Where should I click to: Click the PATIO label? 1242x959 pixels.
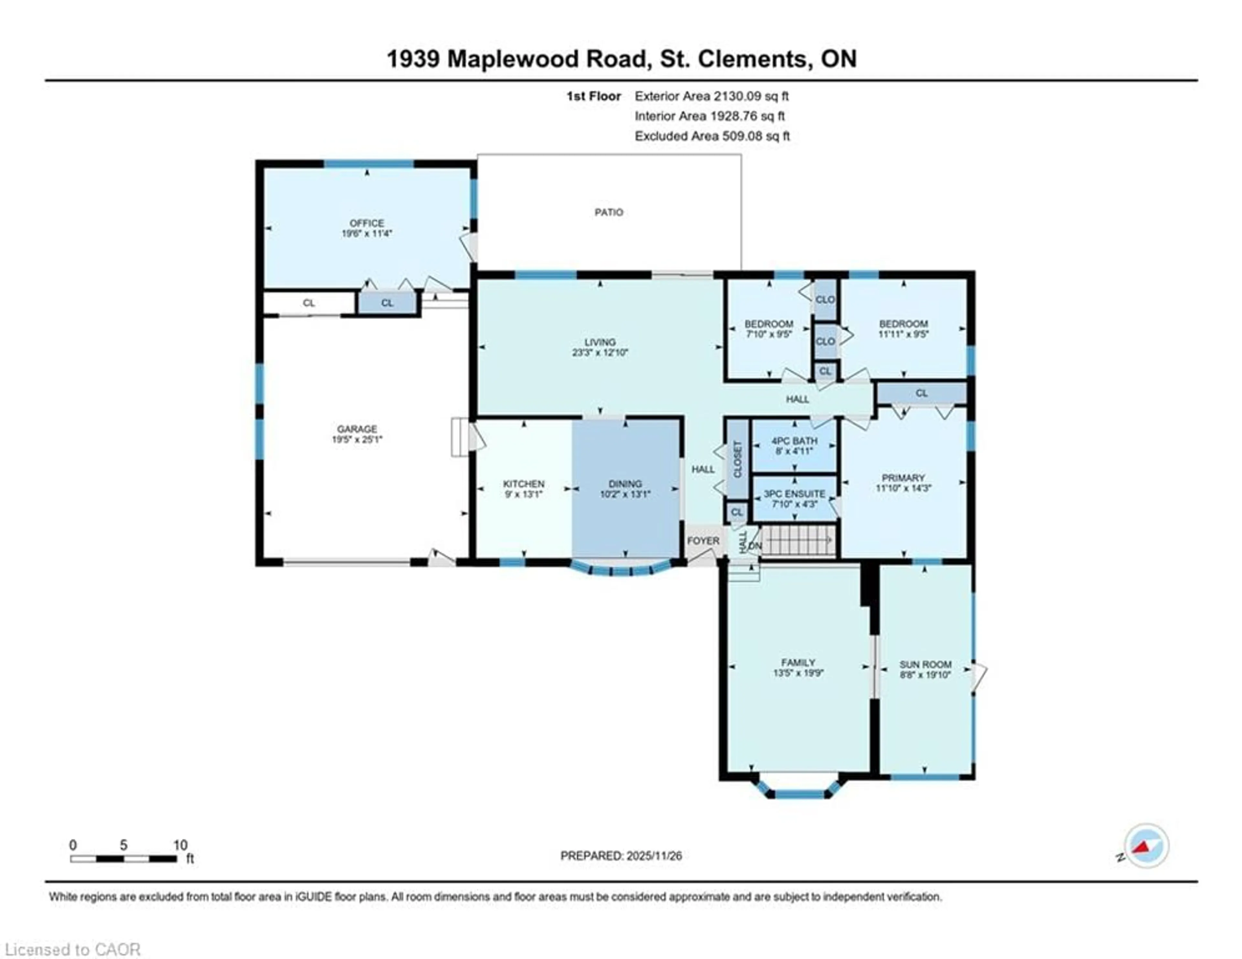(608, 212)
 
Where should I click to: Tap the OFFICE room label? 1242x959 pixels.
(367, 223)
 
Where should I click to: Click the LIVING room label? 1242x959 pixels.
(600, 342)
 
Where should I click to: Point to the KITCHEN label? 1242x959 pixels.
(523, 483)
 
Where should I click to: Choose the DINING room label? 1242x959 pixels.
(625, 483)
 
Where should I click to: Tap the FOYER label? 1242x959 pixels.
(703, 540)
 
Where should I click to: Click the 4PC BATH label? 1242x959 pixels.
(794, 441)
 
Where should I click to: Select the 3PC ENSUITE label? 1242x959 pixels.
(794, 494)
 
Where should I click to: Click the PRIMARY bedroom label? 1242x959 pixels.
(903, 478)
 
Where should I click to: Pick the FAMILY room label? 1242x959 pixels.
(798, 663)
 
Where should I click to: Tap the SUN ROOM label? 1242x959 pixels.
(925, 664)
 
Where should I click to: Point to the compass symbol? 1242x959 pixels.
(1147, 846)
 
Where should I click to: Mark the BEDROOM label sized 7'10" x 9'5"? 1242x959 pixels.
(769, 324)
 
